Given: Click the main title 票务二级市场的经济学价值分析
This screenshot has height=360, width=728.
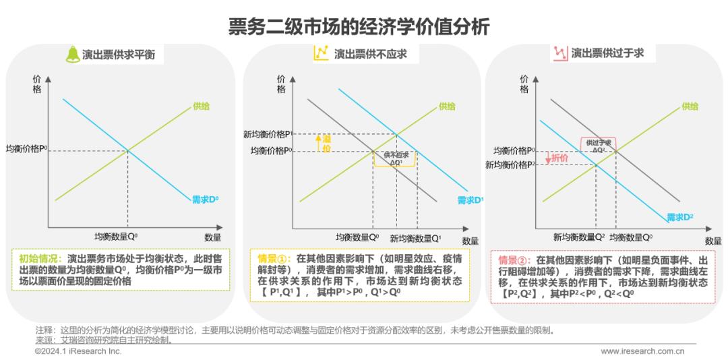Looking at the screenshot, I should tap(363, 27).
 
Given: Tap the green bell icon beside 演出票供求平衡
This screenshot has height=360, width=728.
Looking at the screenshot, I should tap(71, 54).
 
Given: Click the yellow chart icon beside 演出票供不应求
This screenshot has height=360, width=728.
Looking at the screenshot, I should tap(321, 53).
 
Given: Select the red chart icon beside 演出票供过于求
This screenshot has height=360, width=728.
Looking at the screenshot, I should tap(559, 53).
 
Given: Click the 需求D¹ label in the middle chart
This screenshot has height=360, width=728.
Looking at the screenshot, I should tap(471, 200).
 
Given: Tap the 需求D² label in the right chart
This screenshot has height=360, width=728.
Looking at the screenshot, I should tap(680, 216).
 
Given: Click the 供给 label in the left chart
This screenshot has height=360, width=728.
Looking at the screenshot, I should tap(201, 106).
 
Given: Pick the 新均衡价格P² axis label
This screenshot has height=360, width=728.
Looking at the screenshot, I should tap(510, 164).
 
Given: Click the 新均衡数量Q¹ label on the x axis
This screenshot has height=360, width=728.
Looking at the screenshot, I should tap(416, 238).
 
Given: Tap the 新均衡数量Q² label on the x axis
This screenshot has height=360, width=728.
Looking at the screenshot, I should tap(579, 237).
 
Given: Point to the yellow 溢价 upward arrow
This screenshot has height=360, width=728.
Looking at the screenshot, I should tap(317, 143).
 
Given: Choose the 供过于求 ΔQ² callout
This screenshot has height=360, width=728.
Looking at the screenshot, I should tap(598, 146).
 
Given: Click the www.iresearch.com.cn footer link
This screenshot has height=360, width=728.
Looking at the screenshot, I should tap(642, 351).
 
